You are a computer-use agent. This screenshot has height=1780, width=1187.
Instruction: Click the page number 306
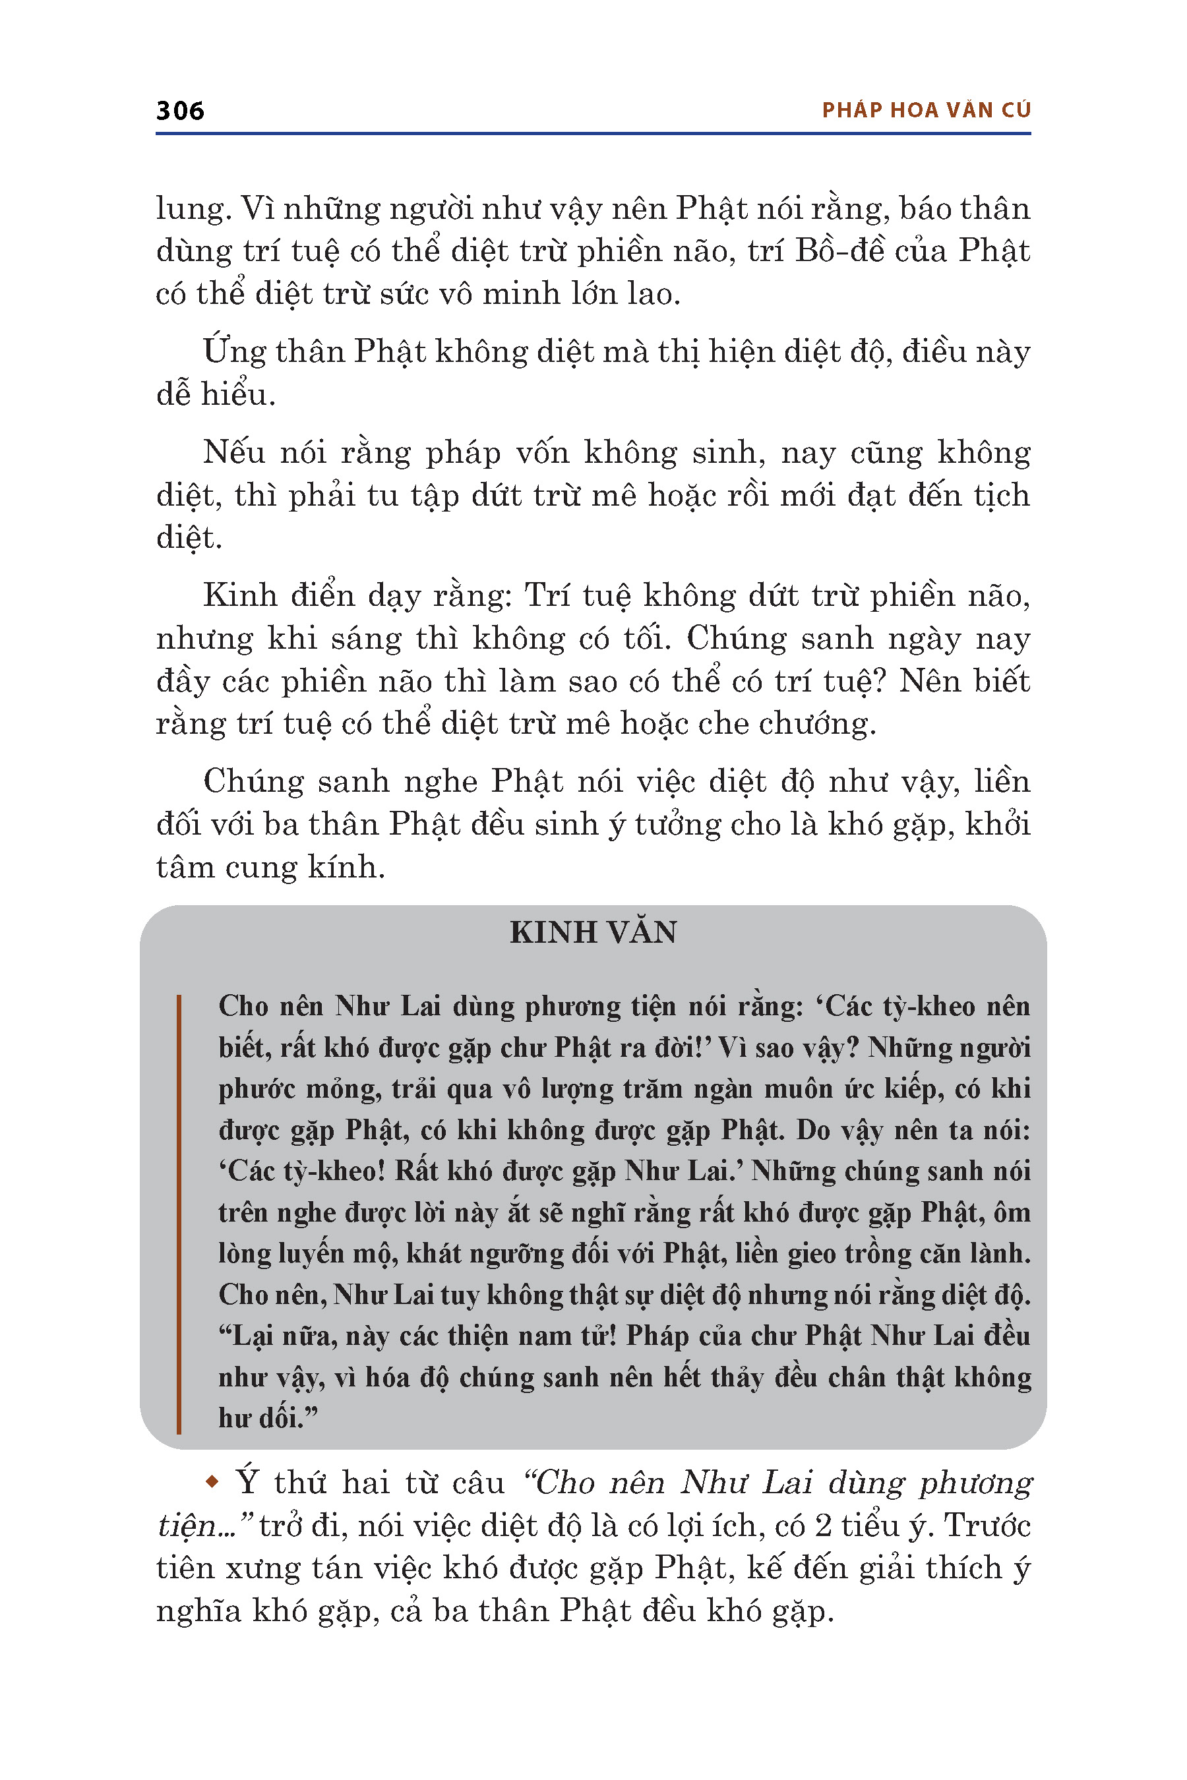click(180, 111)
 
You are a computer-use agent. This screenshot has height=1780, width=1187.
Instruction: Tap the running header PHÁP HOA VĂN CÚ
click(926, 111)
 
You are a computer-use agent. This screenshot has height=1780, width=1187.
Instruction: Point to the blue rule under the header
click(593, 134)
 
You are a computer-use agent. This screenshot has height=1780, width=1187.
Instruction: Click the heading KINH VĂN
click(593, 932)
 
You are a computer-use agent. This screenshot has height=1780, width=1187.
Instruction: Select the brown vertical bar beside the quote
click(179, 1214)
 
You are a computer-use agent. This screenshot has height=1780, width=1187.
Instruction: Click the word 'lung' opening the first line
click(189, 210)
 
